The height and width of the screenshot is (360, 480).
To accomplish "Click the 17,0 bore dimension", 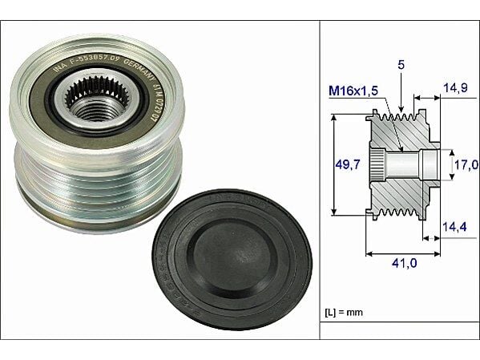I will [466, 165].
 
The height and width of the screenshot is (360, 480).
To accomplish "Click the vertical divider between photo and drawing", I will [320, 180].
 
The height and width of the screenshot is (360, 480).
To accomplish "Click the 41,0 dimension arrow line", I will [402, 254].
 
